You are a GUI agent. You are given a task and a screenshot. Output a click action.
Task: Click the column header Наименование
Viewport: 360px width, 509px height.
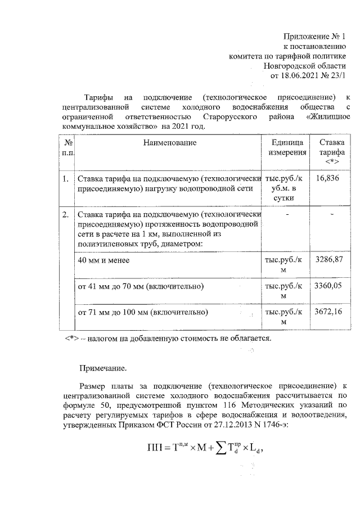click(169, 143)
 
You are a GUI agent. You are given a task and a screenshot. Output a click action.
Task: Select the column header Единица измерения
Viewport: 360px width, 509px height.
click(287, 147)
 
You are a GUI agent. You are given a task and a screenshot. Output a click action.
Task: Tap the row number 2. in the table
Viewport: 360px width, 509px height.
click(66, 214)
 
